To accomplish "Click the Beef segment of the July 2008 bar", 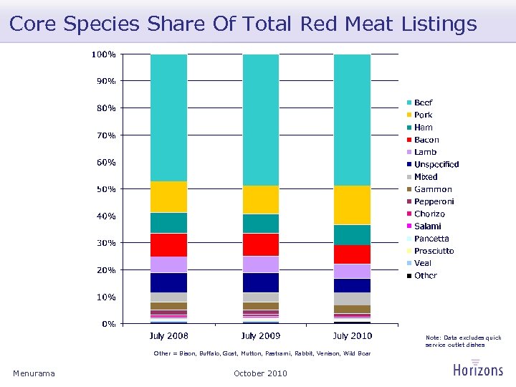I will point(168,118).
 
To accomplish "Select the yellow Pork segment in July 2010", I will point(352,205).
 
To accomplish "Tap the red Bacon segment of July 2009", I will point(261,244).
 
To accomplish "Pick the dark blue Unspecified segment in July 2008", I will point(168,282).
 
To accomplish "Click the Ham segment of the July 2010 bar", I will point(352,235).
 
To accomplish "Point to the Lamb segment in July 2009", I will point(261,264).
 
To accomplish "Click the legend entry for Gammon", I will point(433,189).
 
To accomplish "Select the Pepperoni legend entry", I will point(434,201).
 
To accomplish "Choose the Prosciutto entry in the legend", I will point(434,251).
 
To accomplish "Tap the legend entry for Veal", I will point(423,263).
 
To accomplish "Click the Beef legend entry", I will point(423,102).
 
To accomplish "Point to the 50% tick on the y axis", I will point(107,189).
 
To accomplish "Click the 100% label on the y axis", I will point(105,54).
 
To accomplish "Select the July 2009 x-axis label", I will point(261,335).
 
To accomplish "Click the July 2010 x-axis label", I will point(352,335).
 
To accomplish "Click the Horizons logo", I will point(478,368).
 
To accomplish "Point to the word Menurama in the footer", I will point(34,373).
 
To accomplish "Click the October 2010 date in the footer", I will point(260,373).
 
